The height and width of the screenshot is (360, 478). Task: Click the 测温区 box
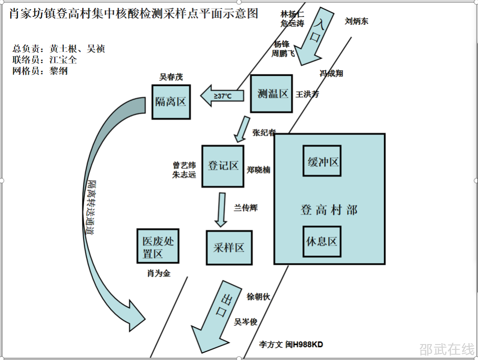pos(271,93)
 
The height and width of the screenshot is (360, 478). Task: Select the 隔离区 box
pos(171,102)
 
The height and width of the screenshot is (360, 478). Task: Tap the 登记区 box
pos(223,166)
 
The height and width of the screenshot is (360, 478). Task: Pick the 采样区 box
pos(229,248)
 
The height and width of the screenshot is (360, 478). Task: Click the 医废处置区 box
pos(158,247)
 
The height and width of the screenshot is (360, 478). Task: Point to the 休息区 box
pos(322,241)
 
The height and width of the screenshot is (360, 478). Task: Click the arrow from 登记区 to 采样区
pos(220,209)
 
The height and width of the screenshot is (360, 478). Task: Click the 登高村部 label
pos(329,209)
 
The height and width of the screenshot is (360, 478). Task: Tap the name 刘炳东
pos(356,21)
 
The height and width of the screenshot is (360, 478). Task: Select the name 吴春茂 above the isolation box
pos(171,77)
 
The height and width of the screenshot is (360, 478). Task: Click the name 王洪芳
pos(307,94)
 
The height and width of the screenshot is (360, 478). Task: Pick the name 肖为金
pos(158,274)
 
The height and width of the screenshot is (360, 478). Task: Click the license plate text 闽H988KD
pos(304,345)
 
